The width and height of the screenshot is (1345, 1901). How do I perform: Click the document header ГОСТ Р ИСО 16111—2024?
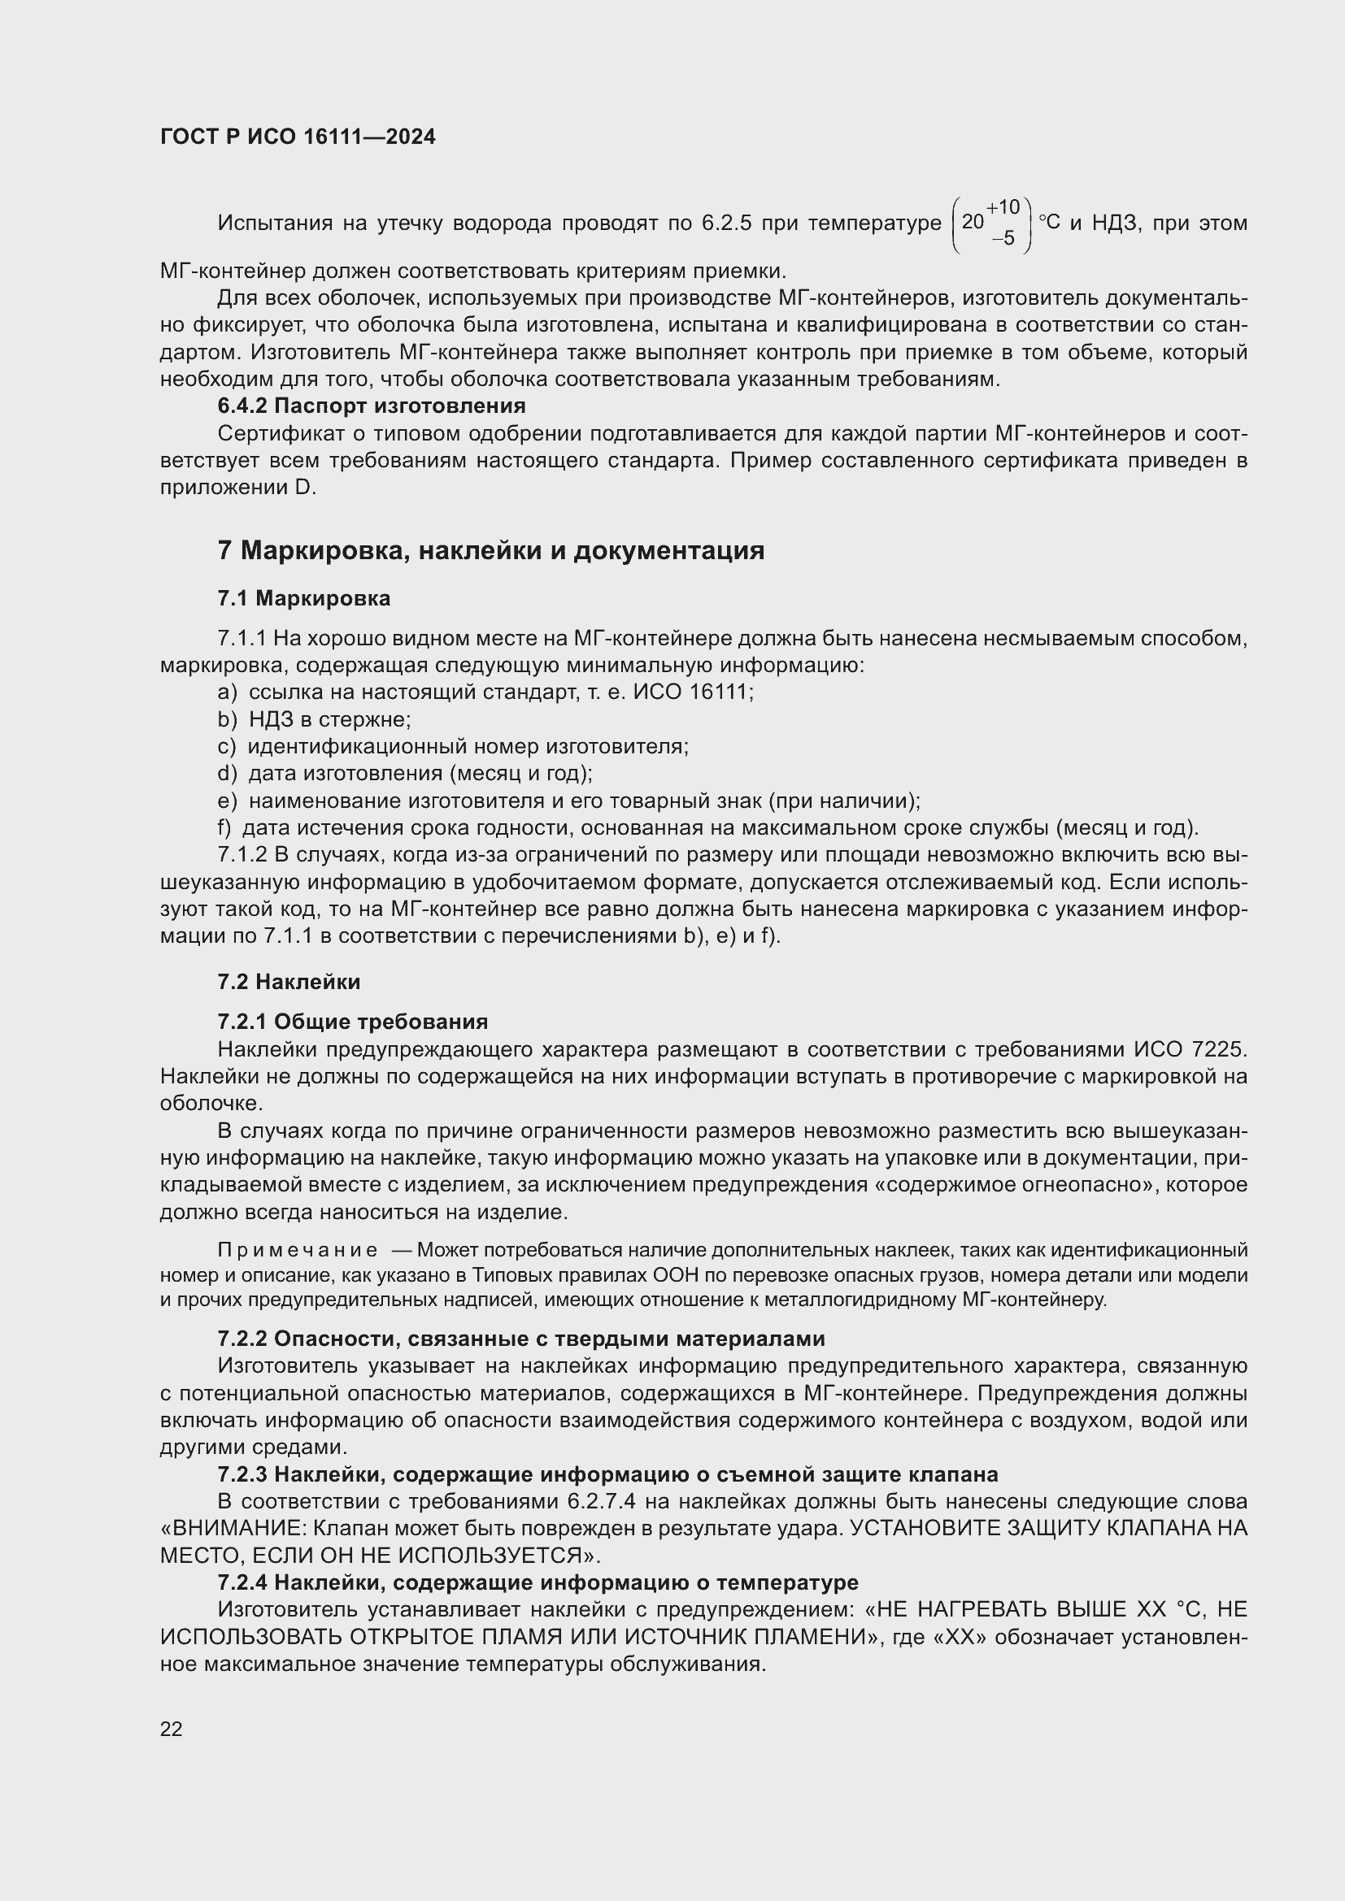pyautogui.click(x=298, y=137)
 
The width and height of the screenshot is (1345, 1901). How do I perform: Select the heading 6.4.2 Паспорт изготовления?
pyautogui.click(x=371, y=406)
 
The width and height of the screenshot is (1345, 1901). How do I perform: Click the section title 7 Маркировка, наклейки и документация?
pyautogui.click(x=490, y=550)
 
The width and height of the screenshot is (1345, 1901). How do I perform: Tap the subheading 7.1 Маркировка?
pyautogui.click(x=303, y=598)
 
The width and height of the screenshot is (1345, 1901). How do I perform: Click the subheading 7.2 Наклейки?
pyautogui.click(x=288, y=982)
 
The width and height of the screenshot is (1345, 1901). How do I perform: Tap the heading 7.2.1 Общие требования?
pyautogui.click(x=352, y=1021)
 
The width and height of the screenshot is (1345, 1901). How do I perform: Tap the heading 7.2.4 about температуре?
pyautogui.click(x=538, y=1582)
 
